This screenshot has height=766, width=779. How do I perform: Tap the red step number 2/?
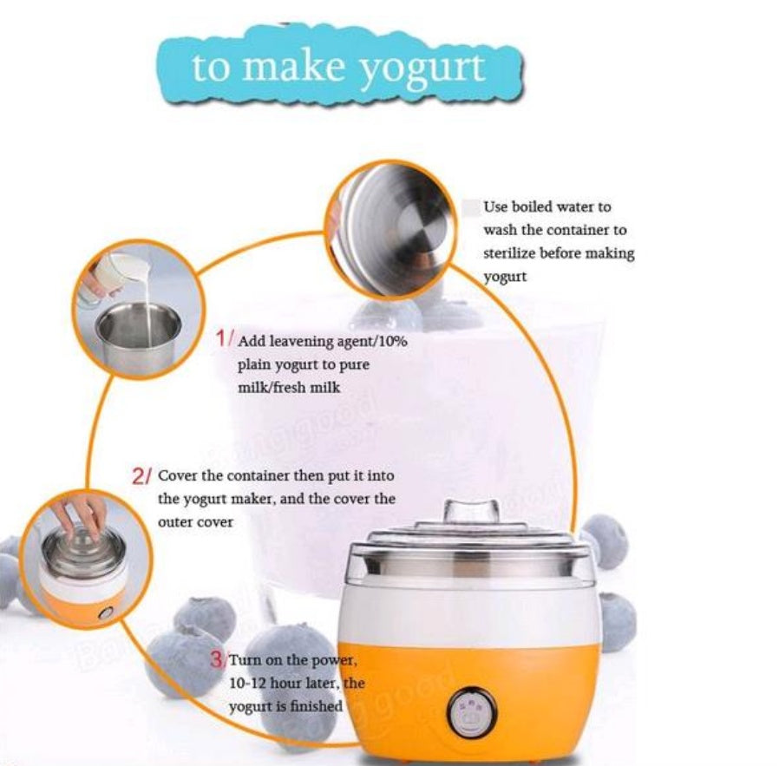point(142,477)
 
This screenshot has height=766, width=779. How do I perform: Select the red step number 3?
point(218,659)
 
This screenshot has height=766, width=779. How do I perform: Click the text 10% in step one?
point(391,341)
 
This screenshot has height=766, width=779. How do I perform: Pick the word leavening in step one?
point(298,341)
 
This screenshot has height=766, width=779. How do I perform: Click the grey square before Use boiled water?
point(471,207)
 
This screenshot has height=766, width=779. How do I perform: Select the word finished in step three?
point(315,706)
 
